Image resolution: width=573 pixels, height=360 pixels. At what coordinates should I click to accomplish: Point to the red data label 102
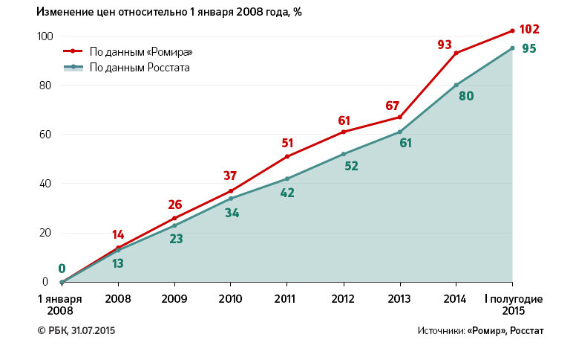click(528, 30)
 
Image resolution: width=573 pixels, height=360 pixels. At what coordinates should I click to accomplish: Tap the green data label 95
click(528, 49)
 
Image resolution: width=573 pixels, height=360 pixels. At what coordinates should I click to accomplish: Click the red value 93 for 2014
click(445, 45)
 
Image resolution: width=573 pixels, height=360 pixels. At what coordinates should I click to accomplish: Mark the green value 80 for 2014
click(466, 95)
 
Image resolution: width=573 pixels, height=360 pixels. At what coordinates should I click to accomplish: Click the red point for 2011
click(286, 156)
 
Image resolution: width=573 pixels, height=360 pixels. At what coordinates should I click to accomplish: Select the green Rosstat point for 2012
click(343, 154)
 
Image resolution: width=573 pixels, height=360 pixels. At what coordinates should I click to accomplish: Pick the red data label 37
click(230, 176)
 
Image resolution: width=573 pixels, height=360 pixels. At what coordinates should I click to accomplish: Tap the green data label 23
click(177, 240)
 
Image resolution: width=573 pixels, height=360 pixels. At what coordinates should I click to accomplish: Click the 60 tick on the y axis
click(46, 135)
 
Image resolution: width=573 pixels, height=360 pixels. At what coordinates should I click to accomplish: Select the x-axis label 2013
click(399, 299)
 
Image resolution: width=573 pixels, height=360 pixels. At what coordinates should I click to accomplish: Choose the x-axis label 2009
click(174, 299)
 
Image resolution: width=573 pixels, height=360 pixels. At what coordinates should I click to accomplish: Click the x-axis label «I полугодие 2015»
click(513, 304)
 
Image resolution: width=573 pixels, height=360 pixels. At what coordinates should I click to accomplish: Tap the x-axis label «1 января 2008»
click(61, 304)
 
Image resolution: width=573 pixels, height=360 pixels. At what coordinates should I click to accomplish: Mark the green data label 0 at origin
click(62, 269)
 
